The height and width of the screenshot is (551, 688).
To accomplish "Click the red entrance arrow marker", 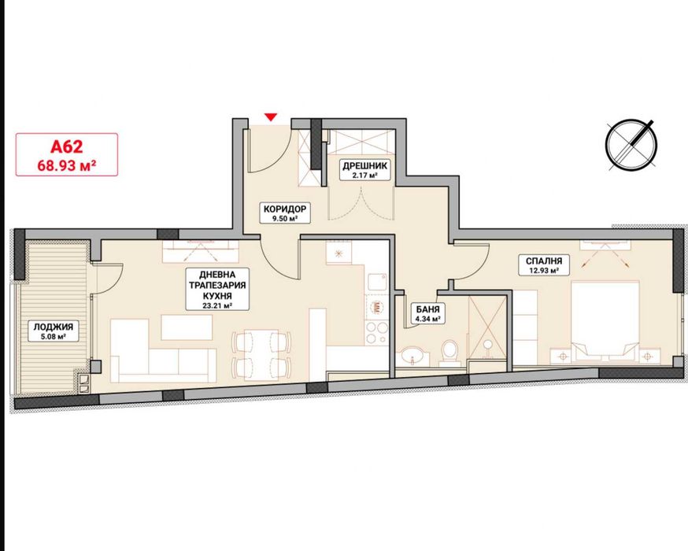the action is (x=271, y=116).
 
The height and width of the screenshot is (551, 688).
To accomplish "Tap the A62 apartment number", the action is (x=67, y=146).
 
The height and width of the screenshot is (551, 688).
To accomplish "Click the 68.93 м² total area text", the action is (x=67, y=166).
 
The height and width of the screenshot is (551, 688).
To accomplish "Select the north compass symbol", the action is (x=631, y=143).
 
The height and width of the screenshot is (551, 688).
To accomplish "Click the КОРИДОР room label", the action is (x=285, y=209).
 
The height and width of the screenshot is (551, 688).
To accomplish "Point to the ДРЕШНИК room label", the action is (x=364, y=166).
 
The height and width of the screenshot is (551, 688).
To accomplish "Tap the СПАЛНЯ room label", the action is (x=544, y=261).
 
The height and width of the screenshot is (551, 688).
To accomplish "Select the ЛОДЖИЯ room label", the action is (x=50, y=327).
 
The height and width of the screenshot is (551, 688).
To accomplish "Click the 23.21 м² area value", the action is (x=217, y=305).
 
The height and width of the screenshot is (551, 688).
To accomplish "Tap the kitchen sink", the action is (x=377, y=282).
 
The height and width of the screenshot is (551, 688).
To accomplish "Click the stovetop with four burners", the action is (x=377, y=333).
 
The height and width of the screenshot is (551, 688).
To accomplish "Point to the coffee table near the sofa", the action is (x=187, y=327).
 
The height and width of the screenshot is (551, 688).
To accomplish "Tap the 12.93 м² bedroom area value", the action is (x=544, y=270).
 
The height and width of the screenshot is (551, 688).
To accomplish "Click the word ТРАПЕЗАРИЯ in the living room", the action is (x=217, y=285).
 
